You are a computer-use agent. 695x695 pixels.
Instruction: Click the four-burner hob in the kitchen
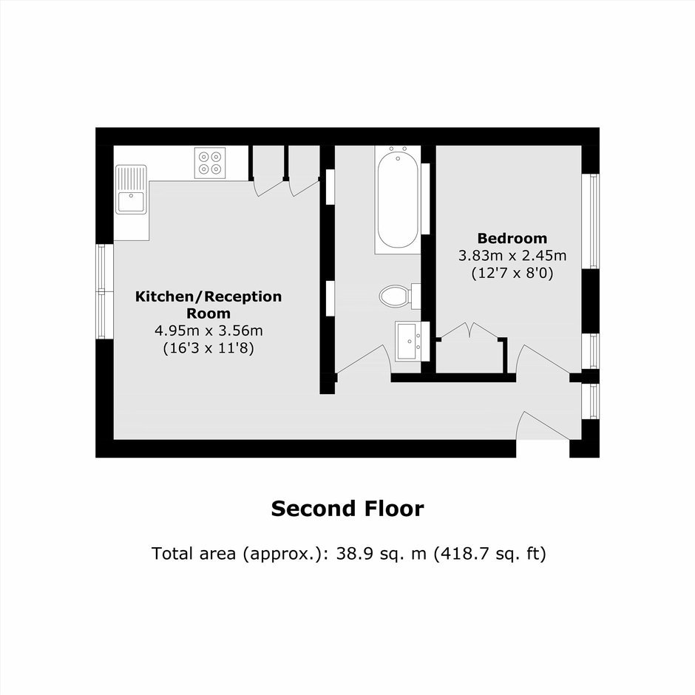(x=210, y=163)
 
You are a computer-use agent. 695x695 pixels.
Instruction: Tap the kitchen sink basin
(x=131, y=201)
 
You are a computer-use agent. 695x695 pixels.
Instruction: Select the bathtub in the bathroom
(x=398, y=200)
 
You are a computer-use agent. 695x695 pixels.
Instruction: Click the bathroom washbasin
(x=407, y=342)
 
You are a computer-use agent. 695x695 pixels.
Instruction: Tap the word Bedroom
(x=512, y=239)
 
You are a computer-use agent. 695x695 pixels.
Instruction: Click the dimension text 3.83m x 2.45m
(x=512, y=256)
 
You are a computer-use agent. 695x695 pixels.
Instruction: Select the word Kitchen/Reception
(x=208, y=296)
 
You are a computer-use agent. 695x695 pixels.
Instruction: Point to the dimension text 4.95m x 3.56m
(x=208, y=330)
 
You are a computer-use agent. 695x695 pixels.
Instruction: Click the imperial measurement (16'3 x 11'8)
(x=208, y=348)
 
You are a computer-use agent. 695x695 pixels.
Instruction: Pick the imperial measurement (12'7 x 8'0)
(x=512, y=273)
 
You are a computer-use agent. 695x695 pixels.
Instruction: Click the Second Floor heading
(x=347, y=509)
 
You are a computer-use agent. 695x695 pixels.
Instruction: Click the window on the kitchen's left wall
(x=104, y=291)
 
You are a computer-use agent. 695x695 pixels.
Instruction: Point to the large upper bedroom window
(x=591, y=221)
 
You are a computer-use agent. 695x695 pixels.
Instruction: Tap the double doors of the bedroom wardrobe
(x=469, y=330)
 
